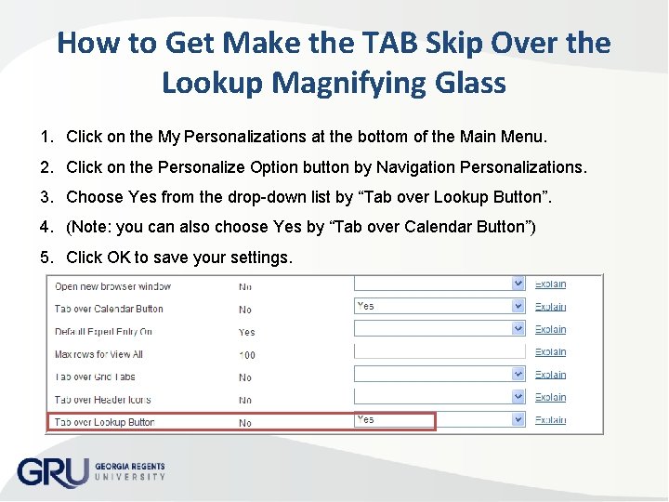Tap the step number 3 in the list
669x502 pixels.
point(46,196)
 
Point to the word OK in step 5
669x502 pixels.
point(118,257)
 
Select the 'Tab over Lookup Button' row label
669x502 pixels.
point(104,422)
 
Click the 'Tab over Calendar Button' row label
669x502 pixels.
point(109,309)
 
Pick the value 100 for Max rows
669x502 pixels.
point(247,354)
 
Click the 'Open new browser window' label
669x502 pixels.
point(112,285)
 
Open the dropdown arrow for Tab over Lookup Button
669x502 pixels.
point(518,420)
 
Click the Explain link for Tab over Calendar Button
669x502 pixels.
point(550,307)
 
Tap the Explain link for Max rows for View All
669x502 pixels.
point(550,351)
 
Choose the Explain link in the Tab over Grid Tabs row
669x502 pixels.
point(550,375)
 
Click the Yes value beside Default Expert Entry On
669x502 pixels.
point(246,332)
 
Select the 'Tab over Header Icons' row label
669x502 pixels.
point(102,400)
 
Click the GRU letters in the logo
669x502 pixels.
point(52,470)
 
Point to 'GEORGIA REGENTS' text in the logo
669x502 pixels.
point(130,465)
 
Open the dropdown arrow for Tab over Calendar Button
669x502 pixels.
point(518,306)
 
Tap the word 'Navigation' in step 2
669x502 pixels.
point(426,167)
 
